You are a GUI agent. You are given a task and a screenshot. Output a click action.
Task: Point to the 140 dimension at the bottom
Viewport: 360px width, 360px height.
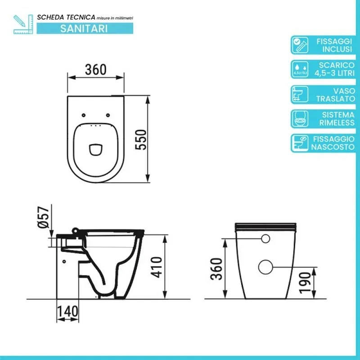click(67, 310)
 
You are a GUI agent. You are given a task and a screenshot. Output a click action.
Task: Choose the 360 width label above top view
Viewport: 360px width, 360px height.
click(95, 69)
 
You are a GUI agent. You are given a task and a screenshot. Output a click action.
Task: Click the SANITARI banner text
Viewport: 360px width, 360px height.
click(84, 28)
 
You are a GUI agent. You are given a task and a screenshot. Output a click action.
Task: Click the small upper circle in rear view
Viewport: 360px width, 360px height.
click(265, 240)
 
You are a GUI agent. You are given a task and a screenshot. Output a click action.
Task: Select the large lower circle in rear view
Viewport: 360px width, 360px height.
click(265, 266)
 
